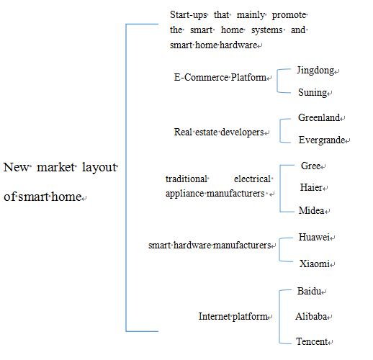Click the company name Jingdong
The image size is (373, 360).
(x=315, y=71)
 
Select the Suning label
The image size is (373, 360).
(x=313, y=93)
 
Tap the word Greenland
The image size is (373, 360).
(x=319, y=117)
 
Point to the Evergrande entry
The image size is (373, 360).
(x=322, y=140)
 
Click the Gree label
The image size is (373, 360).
(x=310, y=166)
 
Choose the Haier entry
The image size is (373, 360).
(x=311, y=187)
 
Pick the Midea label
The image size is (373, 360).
(x=311, y=210)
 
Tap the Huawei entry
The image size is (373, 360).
(x=314, y=237)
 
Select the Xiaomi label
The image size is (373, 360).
(x=314, y=264)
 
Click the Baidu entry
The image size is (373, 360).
(x=309, y=291)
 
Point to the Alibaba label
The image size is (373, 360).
(x=311, y=316)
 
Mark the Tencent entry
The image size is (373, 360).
(x=312, y=341)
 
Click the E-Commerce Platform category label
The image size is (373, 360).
(x=220, y=77)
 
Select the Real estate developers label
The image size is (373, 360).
(x=219, y=132)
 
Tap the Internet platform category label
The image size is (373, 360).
(x=233, y=317)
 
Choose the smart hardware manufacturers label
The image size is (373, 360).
(x=210, y=245)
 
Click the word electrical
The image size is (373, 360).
(x=252, y=179)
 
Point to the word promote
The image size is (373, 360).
(x=289, y=15)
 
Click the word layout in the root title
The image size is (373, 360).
(x=99, y=168)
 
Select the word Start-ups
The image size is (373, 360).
(x=188, y=15)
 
